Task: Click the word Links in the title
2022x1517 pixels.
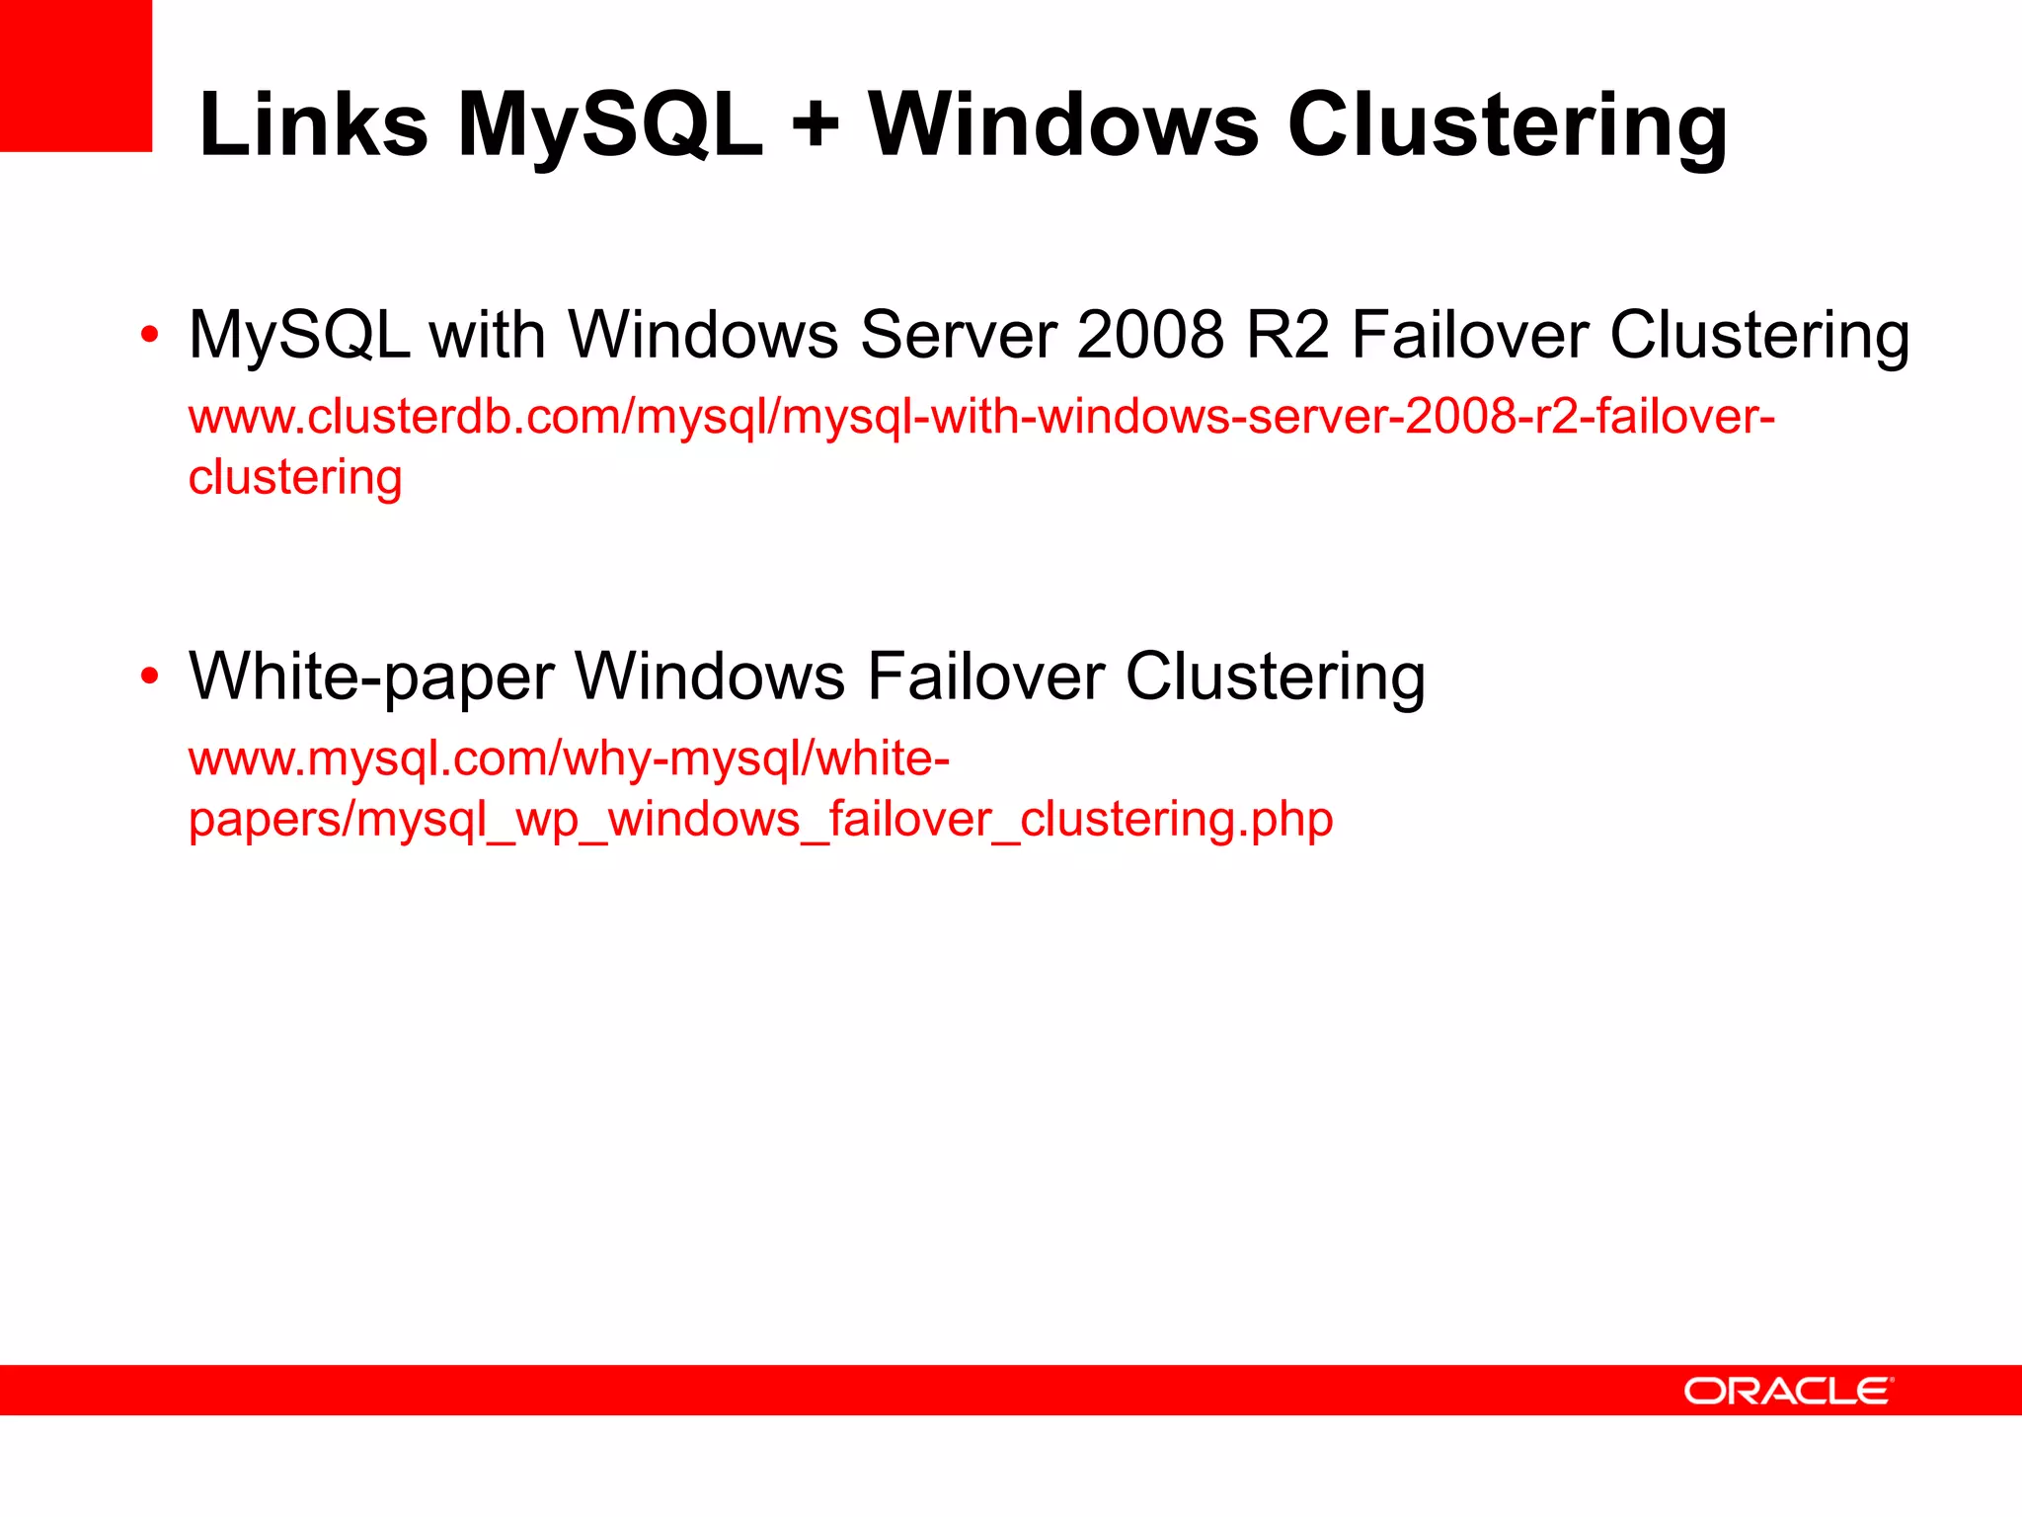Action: [x=313, y=125]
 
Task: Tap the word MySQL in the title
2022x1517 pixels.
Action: [x=610, y=125]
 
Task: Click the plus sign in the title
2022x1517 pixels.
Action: [x=816, y=125]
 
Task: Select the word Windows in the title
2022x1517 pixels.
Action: [x=1063, y=125]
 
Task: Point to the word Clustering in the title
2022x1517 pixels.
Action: [x=1508, y=125]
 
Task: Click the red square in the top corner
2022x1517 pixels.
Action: [x=75, y=75]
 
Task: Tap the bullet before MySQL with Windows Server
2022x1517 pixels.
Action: [x=149, y=335]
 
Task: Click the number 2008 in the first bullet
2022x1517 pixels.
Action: [x=1150, y=335]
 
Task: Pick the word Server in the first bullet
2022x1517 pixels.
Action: [x=958, y=335]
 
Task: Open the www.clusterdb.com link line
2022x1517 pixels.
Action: [x=981, y=417]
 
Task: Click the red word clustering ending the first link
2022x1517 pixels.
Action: [x=295, y=478]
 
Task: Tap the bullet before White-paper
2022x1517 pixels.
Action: [x=149, y=677]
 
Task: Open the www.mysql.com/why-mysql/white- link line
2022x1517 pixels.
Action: [x=569, y=759]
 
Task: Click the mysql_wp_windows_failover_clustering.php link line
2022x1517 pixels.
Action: [x=760, y=820]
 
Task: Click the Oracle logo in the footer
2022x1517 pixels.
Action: [x=1788, y=1391]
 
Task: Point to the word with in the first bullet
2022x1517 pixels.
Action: [x=488, y=335]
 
